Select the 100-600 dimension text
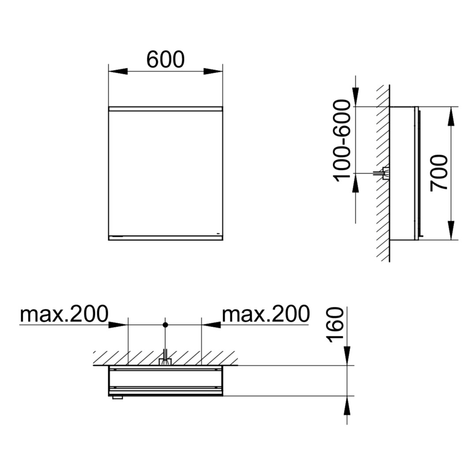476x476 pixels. tap(342, 141)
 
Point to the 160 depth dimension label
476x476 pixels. tap(335, 325)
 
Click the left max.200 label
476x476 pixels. tap(64, 314)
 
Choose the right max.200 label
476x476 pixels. tap(266, 314)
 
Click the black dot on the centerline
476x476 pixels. tap(165, 325)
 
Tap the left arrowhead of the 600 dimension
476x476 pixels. tap(118, 71)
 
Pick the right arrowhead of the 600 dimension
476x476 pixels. tap(213, 71)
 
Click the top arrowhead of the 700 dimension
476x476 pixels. tap(451, 116)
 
